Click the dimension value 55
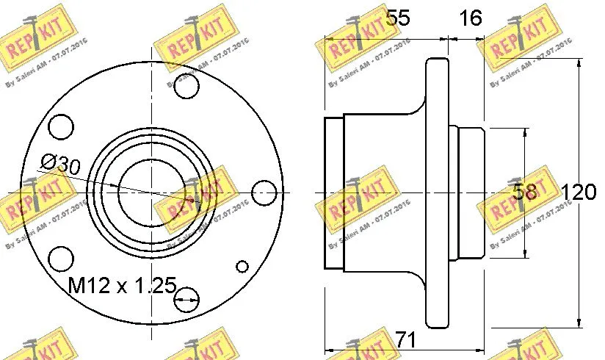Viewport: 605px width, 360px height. [x=396, y=18]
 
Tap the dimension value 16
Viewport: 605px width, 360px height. [x=470, y=18]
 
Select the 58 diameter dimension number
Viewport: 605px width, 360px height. [x=524, y=192]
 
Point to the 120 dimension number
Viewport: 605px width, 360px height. [x=578, y=193]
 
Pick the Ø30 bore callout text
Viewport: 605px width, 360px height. [x=60, y=164]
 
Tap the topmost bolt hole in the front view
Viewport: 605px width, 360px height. [x=187, y=86]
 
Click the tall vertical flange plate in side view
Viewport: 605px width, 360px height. [x=437, y=192]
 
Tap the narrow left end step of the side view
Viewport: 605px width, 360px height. [x=334, y=192]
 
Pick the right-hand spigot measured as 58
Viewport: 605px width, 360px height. [x=468, y=192]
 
